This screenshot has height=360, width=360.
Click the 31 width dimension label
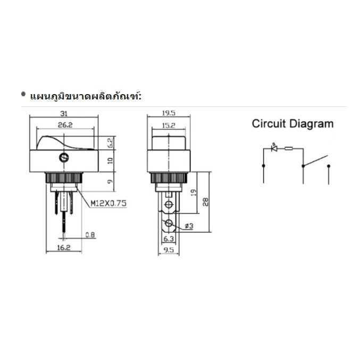(64, 113)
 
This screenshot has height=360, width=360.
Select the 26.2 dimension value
(65, 125)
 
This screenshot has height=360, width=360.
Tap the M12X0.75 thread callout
(108, 203)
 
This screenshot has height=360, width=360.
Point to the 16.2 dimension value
(64, 247)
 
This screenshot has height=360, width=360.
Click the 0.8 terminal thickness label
(90, 235)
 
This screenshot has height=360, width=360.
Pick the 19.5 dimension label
(169, 113)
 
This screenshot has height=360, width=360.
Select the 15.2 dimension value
(169, 125)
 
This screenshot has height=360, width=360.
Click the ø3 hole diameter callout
(189, 226)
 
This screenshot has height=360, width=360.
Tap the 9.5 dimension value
(169, 250)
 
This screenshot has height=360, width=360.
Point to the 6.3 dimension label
(169, 239)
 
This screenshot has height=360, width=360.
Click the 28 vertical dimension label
(205, 202)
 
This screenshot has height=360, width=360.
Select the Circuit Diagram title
(292, 124)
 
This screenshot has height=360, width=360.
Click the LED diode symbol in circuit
(274, 148)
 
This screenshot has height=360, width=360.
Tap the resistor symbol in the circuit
(289, 148)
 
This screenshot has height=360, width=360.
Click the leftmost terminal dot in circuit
(264, 166)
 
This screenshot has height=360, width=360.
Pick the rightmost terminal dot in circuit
(329, 166)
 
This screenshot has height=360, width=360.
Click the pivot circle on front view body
(64, 158)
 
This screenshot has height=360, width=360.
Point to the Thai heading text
(86, 96)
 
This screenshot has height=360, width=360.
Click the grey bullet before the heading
(23, 94)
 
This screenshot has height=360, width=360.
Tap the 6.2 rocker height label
(110, 143)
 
